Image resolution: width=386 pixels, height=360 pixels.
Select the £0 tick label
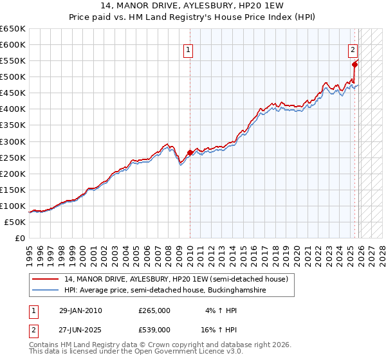click(19, 238)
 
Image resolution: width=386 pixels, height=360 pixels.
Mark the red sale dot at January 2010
click(190, 152)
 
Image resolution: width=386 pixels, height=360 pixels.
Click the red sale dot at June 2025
click(355, 64)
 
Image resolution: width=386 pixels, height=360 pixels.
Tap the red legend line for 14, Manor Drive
click(46, 279)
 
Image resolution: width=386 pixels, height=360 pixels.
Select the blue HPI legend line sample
click(46, 291)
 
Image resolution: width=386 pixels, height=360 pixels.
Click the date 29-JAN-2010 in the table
click(80, 310)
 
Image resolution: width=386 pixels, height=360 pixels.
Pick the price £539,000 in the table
click(154, 329)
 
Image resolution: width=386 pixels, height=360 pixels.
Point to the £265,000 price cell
click(154, 310)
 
